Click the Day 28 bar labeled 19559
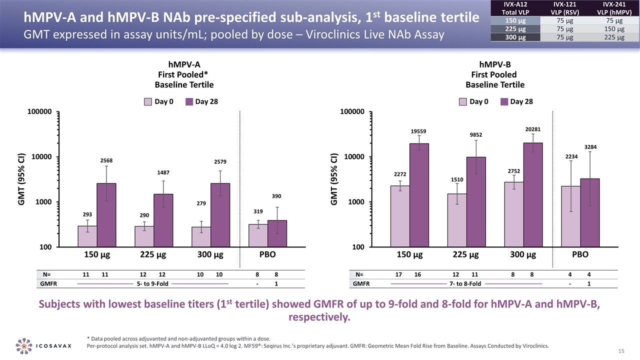point(419,195)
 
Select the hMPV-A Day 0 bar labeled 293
point(87,236)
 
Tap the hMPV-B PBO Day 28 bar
point(589,212)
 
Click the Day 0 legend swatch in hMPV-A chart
point(148,102)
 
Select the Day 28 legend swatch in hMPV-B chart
point(503,102)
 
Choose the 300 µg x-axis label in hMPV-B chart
point(523,254)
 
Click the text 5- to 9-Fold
point(152,284)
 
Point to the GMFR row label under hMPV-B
point(361,284)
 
